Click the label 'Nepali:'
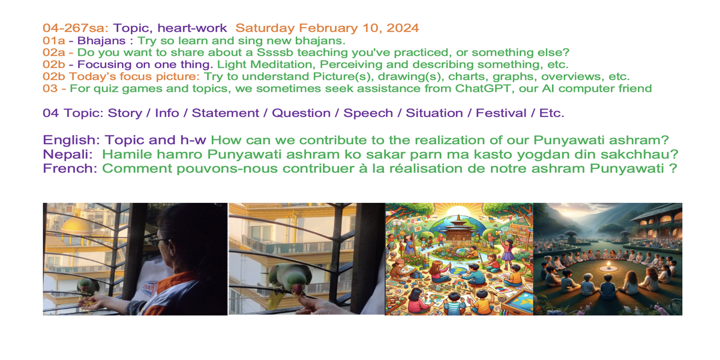pyautogui.click(x=68, y=154)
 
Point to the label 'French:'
pyautogui.click(x=70, y=169)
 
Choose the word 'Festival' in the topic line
pyautogui.click(x=501, y=113)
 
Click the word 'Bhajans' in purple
pyautogui.click(x=101, y=41)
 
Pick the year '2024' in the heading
pyautogui.click(x=403, y=28)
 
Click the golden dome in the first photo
pyautogui.click(x=77, y=226)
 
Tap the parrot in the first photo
pyautogui.click(x=88, y=287)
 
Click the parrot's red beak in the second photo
pyautogui.click(x=298, y=290)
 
